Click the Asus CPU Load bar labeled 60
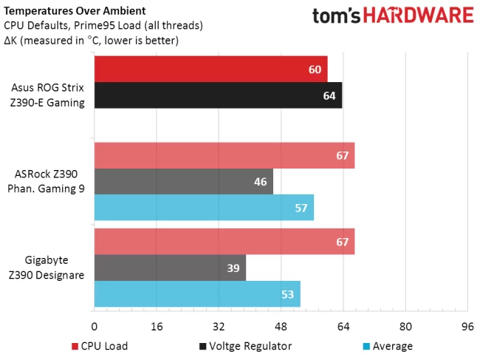pyautogui.click(x=211, y=69)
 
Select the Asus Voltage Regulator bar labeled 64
pyautogui.click(x=219, y=95)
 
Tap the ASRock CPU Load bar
pyautogui.click(x=224, y=155)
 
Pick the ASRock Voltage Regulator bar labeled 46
pyautogui.click(x=184, y=181)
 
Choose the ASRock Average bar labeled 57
pyautogui.click(x=204, y=208)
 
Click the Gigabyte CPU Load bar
pyautogui.click(x=224, y=242)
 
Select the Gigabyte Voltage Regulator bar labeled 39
pyautogui.click(x=170, y=268)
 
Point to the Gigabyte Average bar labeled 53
pyautogui.click(x=197, y=293)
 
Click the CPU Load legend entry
pyautogui.click(x=100, y=346)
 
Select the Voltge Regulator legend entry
pyautogui.click(x=245, y=346)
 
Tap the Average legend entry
pyautogui.click(x=388, y=346)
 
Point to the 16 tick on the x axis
pyautogui.click(x=157, y=327)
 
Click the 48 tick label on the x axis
pyautogui.click(x=281, y=327)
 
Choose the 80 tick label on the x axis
pyautogui.click(x=405, y=327)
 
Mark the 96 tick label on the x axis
pyautogui.click(x=467, y=327)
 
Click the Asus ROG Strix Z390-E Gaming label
pyautogui.click(x=47, y=95)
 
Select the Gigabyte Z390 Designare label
pyautogui.click(x=47, y=268)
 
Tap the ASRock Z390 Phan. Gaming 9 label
pyautogui.click(x=47, y=181)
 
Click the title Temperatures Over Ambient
pyautogui.click(x=75, y=11)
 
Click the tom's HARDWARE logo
pyautogui.click(x=393, y=16)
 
